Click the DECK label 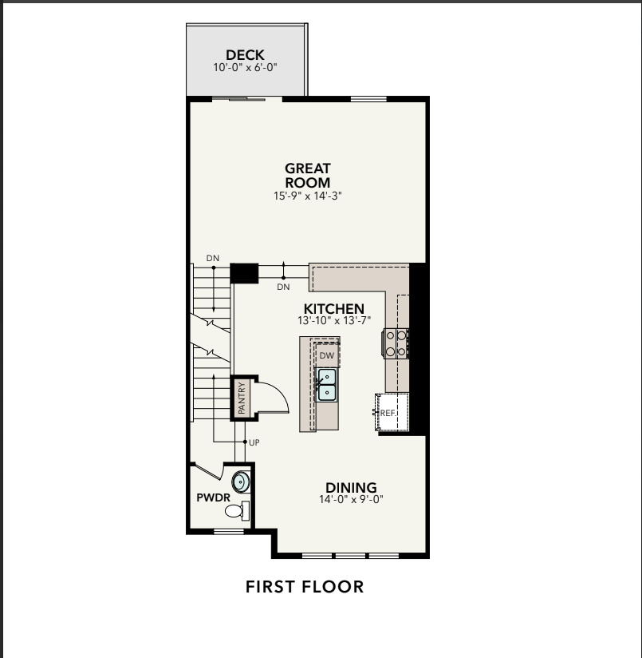coord(245,55)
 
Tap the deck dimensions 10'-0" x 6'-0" coord(245,67)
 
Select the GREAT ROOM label coord(308,176)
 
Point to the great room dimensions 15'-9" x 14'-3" coord(308,196)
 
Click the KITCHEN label coord(334,309)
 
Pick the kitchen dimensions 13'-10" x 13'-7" coord(334,320)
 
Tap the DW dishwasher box coord(327,355)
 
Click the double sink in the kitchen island coord(326,384)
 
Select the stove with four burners coord(396,343)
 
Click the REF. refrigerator coord(392,412)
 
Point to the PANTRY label coord(242,398)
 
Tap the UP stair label coord(254,442)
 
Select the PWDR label coord(213,497)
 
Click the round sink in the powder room coord(241,482)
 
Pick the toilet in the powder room coord(237,511)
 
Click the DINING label coord(351,488)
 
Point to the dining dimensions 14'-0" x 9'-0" coord(351,499)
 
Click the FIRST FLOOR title coord(305,587)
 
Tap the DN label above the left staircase coord(212,258)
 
